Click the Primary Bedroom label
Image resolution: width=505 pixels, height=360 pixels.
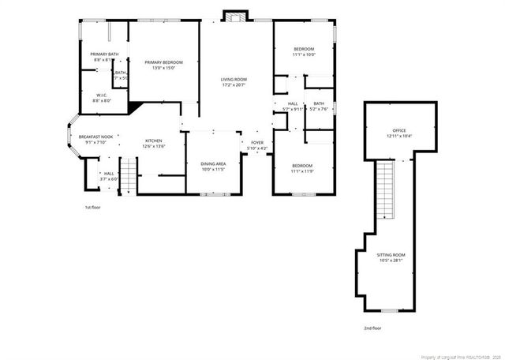point(163,62)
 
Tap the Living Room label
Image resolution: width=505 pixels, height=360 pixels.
point(234,79)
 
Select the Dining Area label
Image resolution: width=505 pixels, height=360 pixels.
point(213,164)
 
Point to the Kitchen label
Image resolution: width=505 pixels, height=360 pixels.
point(153,141)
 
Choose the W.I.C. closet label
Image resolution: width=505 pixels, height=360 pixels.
point(102,96)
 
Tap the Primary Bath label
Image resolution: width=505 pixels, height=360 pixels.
point(104,54)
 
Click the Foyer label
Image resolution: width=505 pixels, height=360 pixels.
point(257,143)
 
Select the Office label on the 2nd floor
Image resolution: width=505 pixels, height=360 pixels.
point(399,130)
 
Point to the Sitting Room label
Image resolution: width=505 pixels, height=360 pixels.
point(390,255)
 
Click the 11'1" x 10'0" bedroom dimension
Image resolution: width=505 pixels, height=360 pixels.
point(304,55)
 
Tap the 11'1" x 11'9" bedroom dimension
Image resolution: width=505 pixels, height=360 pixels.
point(302,171)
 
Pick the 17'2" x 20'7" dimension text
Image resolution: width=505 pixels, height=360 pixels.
point(234,84)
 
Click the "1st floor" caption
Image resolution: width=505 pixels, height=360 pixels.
point(93,207)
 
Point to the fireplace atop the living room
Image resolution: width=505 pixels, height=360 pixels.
point(234,17)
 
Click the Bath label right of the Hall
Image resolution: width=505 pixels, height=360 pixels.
point(319,103)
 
